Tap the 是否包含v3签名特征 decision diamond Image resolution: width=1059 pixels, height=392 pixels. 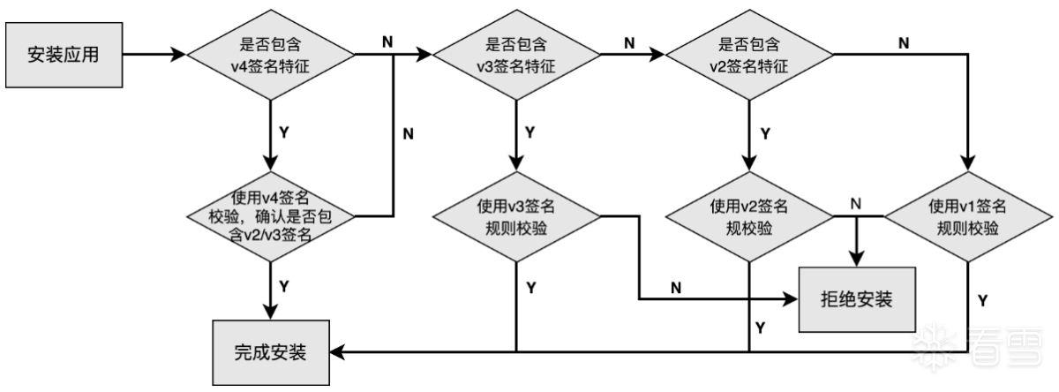[x=517, y=55]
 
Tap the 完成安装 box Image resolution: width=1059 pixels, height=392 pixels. [x=270, y=351]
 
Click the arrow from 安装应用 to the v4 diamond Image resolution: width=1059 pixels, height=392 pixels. [x=154, y=55]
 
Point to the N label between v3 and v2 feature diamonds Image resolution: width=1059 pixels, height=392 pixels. [x=628, y=41]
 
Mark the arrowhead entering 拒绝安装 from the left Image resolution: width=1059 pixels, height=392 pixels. [x=790, y=298]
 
